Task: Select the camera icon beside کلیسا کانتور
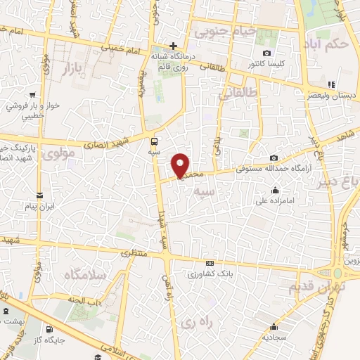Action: (x=266, y=53)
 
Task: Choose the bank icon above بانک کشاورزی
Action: (x=209, y=263)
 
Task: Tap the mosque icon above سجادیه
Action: (x=274, y=326)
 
